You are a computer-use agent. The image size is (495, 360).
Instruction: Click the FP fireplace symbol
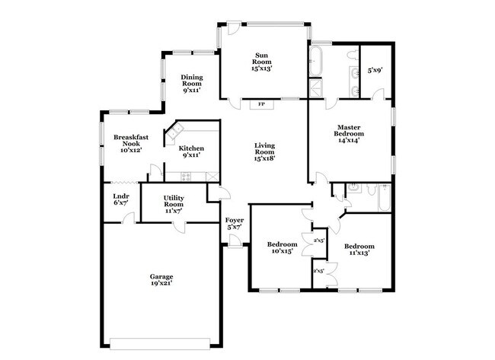point(261,104)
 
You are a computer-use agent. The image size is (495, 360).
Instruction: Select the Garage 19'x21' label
point(161,280)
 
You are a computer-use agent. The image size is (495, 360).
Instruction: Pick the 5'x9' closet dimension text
point(374,70)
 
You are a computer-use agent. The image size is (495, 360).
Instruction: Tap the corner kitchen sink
point(174,135)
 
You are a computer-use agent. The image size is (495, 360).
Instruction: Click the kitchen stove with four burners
point(184,177)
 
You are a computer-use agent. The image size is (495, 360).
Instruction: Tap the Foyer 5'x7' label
point(234,223)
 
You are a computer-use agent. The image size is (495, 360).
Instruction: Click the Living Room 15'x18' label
point(264,151)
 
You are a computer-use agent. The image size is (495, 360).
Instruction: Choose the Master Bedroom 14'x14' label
point(349,132)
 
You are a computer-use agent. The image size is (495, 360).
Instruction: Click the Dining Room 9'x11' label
point(191,83)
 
